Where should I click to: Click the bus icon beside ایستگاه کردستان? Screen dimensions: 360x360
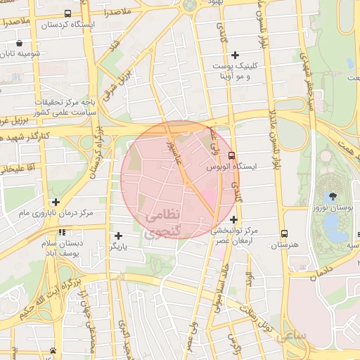pyautogui.click(x=67, y=13)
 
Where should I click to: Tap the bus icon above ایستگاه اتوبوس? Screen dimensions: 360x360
pyautogui.click(x=232, y=157)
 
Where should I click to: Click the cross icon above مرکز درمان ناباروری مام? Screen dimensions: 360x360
pyautogui.click(x=56, y=201)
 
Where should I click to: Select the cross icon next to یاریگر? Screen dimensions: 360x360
pyautogui.click(x=118, y=236)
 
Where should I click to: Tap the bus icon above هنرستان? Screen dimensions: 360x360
pyautogui.click(x=284, y=233)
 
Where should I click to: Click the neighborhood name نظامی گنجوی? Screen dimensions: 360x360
pyautogui.click(x=162, y=221)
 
